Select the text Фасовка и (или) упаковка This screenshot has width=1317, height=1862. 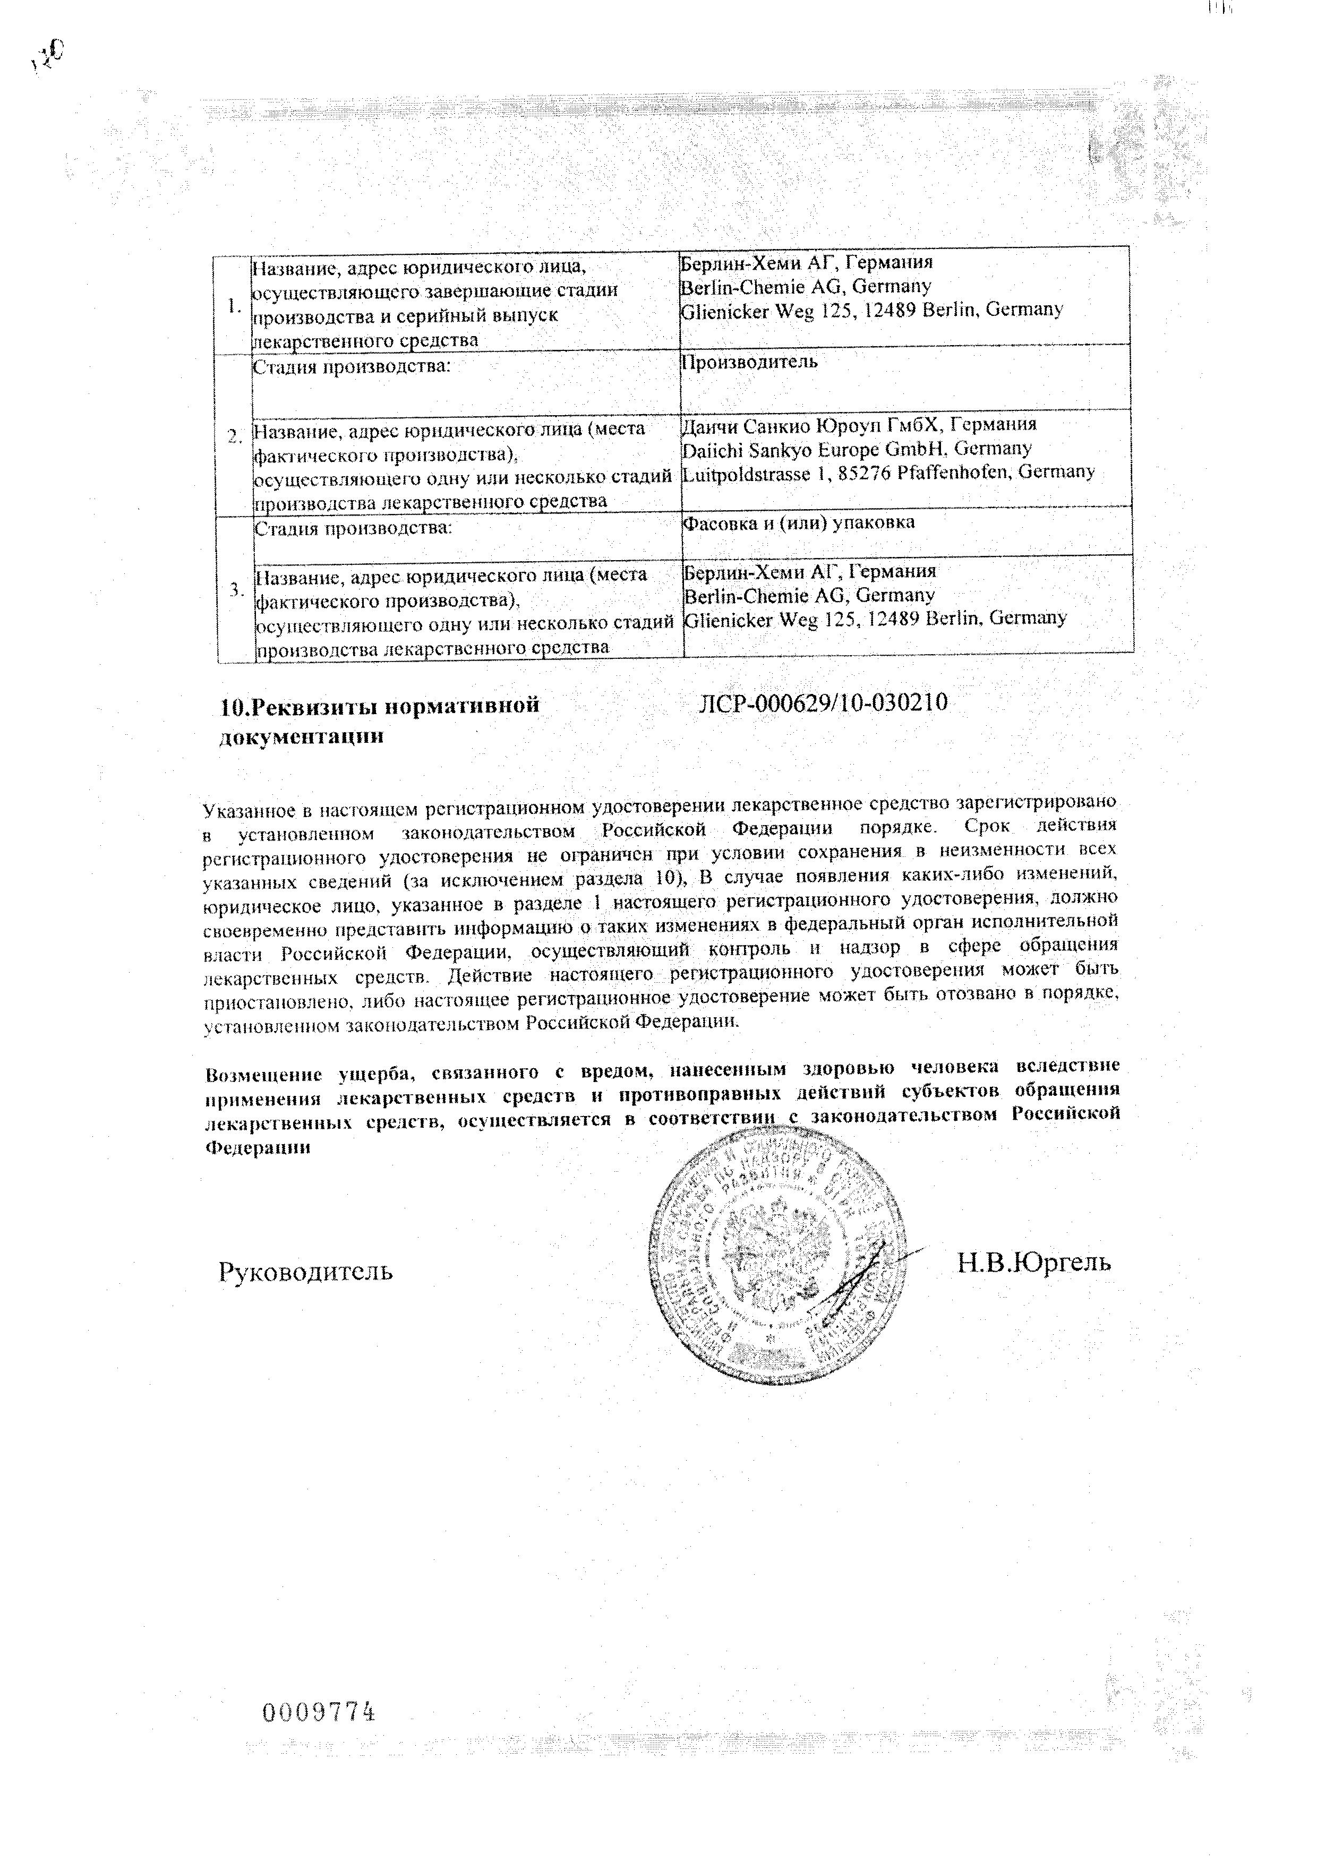click(799, 523)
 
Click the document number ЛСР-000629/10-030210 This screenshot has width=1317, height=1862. click(823, 703)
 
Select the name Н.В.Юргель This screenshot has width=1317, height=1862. click(1034, 1262)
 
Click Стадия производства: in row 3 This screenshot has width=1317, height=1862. click(352, 529)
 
